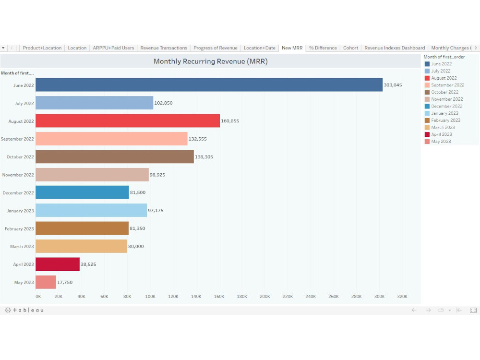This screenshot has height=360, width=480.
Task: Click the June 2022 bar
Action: pos(209,85)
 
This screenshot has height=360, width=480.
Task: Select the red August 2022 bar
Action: pos(128,121)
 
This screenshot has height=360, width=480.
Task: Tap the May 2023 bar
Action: pos(46,282)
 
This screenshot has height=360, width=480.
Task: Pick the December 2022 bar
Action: pos(82,192)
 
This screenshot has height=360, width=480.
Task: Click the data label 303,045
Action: pos(393,85)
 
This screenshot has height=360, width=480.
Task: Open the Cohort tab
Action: pos(350,48)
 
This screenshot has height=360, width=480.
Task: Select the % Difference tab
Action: pos(323,48)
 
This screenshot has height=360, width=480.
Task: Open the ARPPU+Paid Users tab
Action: pos(113,48)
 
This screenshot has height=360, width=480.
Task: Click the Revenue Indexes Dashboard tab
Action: pos(395,48)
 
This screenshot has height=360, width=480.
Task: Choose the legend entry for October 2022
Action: pos(444,92)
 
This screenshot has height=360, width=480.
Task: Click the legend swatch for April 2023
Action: pos(427,134)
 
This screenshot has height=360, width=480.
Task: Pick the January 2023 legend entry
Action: pos(444,113)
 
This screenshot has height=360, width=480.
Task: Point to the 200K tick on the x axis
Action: pos(265,297)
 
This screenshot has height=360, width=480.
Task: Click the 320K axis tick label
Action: pos(402,297)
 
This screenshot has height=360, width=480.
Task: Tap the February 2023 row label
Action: pos(19,229)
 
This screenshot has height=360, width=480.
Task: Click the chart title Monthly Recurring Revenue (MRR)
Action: pos(210,61)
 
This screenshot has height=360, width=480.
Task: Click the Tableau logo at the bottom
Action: pos(24,311)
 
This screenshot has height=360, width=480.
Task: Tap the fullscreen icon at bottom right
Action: pos(473,311)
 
